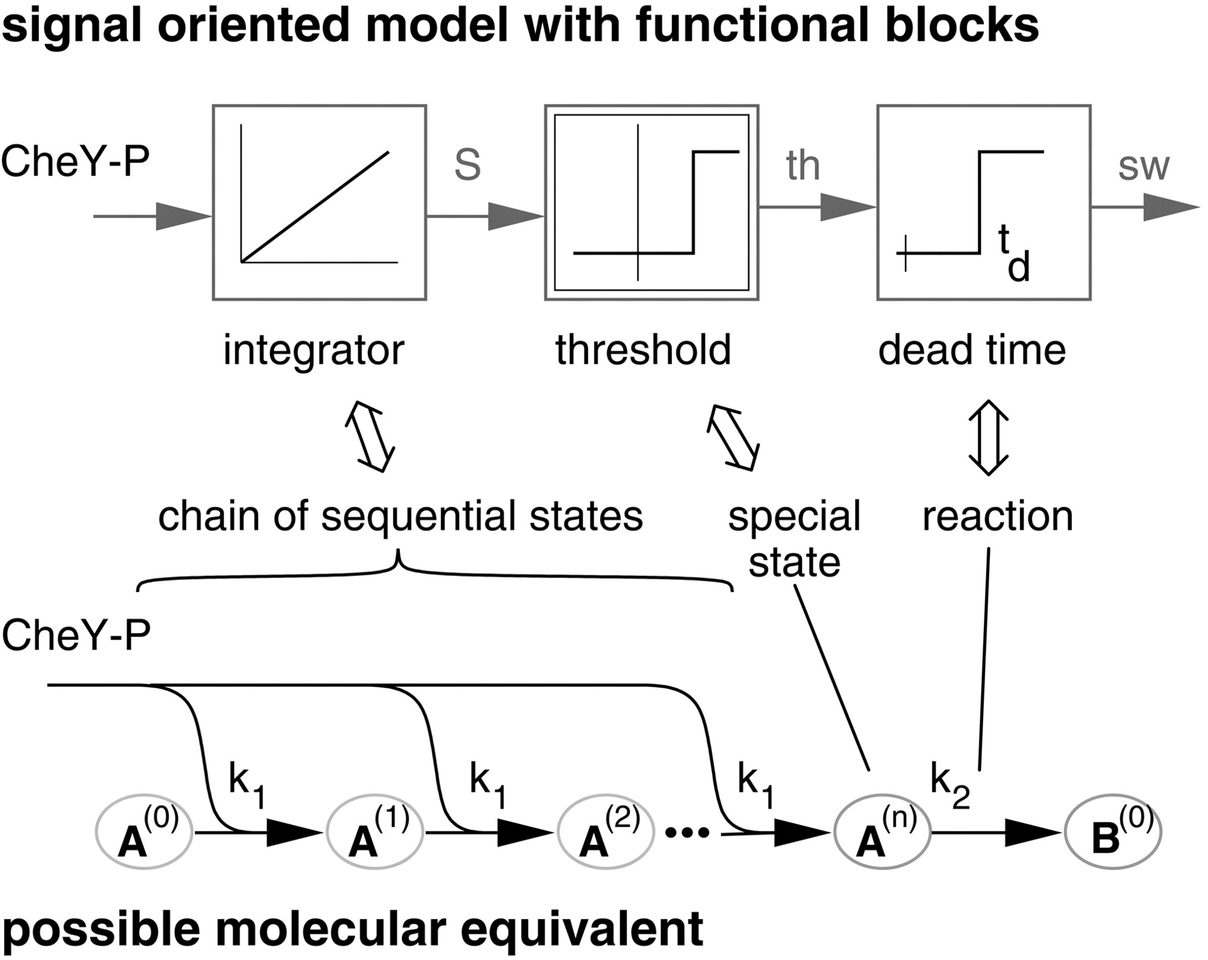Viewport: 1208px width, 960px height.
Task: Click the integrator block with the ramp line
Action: tap(319, 202)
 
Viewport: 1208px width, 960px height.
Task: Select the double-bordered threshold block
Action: tap(652, 202)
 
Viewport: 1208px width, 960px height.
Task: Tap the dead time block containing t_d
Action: tap(984, 202)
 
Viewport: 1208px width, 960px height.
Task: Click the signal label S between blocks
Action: tap(468, 166)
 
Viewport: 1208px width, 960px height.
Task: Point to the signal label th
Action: tap(803, 166)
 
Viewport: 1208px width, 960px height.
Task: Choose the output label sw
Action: tap(1144, 166)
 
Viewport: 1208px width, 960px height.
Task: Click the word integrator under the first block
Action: tap(313, 350)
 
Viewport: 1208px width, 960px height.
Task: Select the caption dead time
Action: tap(972, 350)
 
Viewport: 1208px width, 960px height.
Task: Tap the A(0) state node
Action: tap(145, 833)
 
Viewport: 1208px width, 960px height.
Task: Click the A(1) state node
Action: tap(375, 833)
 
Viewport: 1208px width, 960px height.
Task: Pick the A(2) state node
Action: tap(606, 833)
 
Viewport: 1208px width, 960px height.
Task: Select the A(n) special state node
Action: tap(882, 833)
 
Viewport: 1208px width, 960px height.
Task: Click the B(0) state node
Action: tap(1113, 833)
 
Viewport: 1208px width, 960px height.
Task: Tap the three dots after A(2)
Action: tap(687, 833)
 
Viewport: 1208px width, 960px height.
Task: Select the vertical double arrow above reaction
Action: tap(989, 438)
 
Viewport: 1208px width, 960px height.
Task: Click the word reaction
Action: tap(997, 517)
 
